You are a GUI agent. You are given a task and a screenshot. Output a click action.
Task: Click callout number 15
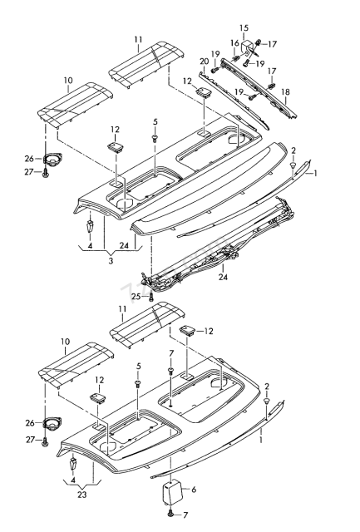244,27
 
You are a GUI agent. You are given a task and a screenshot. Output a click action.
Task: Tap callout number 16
234,43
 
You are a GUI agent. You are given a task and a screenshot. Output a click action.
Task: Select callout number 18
286,92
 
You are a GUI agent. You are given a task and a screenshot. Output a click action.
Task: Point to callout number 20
204,62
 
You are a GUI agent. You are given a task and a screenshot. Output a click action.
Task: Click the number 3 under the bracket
111,261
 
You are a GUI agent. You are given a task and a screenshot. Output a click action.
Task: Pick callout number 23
81,495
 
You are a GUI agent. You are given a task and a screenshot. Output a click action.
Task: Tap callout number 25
136,297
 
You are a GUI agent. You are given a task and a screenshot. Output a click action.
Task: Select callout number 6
194,490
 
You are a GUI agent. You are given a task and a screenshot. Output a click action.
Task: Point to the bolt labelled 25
151,298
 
